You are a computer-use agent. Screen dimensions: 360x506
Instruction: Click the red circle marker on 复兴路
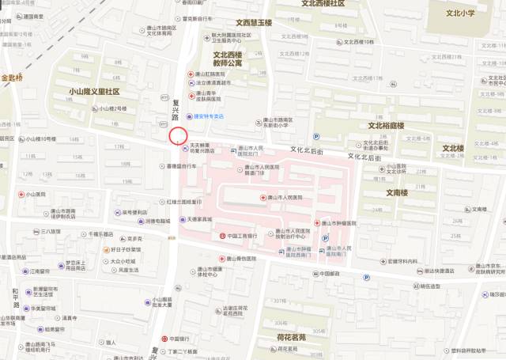[x=178, y=136]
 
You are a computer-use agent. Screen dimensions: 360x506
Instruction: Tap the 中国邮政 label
[x=323, y=274]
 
